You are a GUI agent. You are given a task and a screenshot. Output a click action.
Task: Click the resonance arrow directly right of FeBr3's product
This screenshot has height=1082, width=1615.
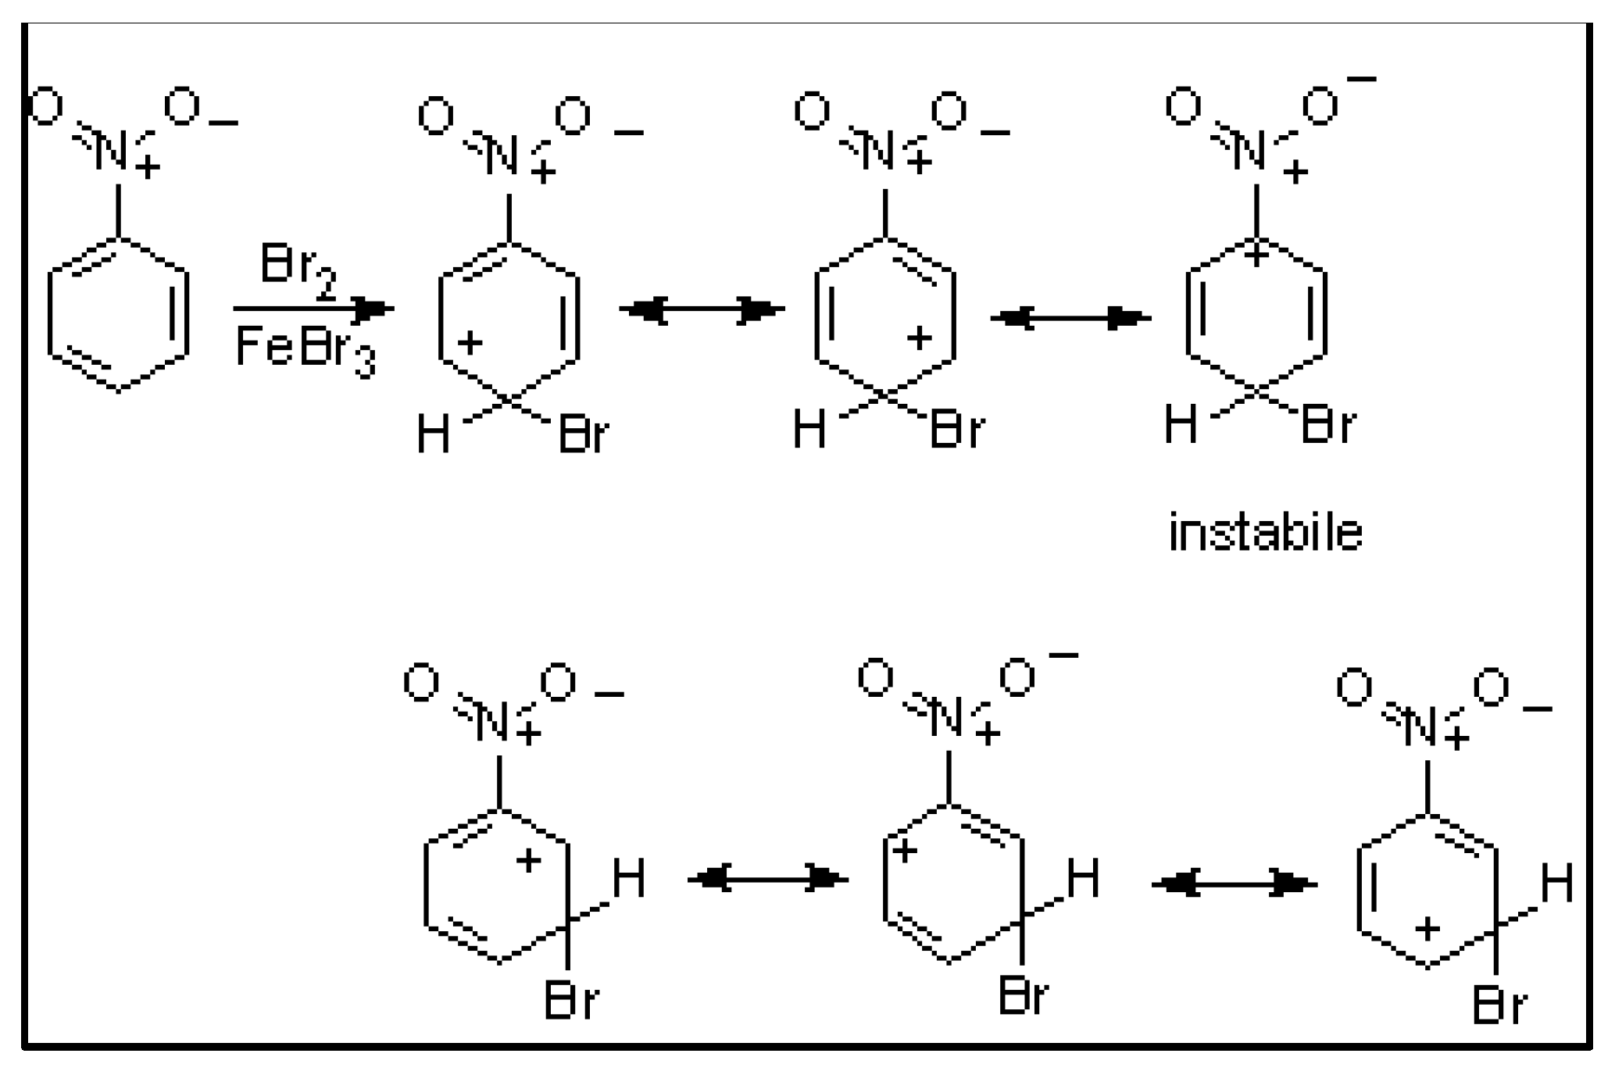pyautogui.click(x=701, y=311)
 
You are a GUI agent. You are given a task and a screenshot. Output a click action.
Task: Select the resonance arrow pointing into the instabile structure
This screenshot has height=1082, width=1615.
pyautogui.click(x=1070, y=318)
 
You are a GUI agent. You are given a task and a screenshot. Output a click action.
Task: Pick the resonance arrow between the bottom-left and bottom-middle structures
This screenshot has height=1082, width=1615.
pyautogui.click(x=767, y=880)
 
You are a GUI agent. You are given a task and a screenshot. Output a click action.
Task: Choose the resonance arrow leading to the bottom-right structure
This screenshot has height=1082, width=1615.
pyautogui.click(x=1234, y=884)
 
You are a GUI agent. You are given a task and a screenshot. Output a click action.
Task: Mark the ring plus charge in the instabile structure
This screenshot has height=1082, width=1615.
pyautogui.click(x=1256, y=255)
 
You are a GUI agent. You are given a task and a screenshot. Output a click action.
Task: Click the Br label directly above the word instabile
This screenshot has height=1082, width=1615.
pyautogui.click(x=1329, y=426)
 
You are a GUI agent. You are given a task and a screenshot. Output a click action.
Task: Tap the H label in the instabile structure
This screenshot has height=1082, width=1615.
pyautogui.click(x=1180, y=426)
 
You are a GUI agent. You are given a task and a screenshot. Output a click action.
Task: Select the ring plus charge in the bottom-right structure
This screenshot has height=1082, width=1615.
pyautogui.click(x=1427, y=929)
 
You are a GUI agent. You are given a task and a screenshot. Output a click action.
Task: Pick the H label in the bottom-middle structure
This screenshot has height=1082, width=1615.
pyautogui.click(x=1083, y=877)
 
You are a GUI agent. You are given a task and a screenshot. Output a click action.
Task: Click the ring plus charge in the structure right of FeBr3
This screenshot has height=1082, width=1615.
pyautogui.click(x=470, y=342)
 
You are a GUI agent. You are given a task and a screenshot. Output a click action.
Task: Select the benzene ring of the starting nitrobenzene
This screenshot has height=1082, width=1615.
pyautogui.click(x=118, y=314)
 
